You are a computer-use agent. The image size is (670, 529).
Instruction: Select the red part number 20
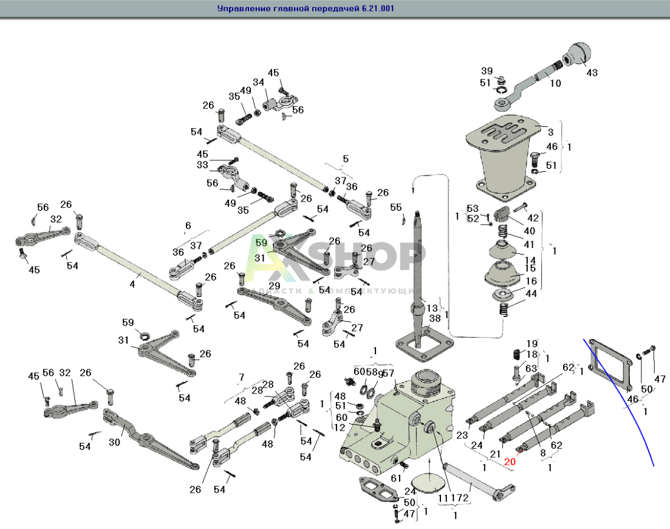pyautogui.click(x=509, y=461)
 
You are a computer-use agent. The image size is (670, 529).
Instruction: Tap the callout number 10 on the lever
pyautogui.click(x=555, y=83)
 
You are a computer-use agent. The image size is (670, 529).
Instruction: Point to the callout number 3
pyautogui.click(x=550, y=131)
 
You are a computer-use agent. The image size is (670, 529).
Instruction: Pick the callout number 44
pyautogui.click(x=530, y=294)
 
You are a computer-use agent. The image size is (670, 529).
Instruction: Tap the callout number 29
pyautogui.click(x=275, y=285)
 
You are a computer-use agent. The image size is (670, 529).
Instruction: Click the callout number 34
pyautogui.click(x=258, y=82)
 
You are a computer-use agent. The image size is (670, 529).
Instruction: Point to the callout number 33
pyautogui.click(x=202, y=165)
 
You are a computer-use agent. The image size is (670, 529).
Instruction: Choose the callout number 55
pyautogui.click(x=396, y=207)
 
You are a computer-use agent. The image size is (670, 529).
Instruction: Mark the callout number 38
pyautogui.click(x=434, y=318)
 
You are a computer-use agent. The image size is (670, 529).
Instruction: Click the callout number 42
pyautogui.click(x=533, y=217)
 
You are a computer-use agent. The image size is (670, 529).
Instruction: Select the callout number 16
pyautogui.click(x=531, y=281)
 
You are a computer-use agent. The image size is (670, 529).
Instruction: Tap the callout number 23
pyautogui.click(x=462, y=435)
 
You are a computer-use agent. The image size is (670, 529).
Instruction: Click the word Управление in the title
pyautogui.click(x=240, y=9)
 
